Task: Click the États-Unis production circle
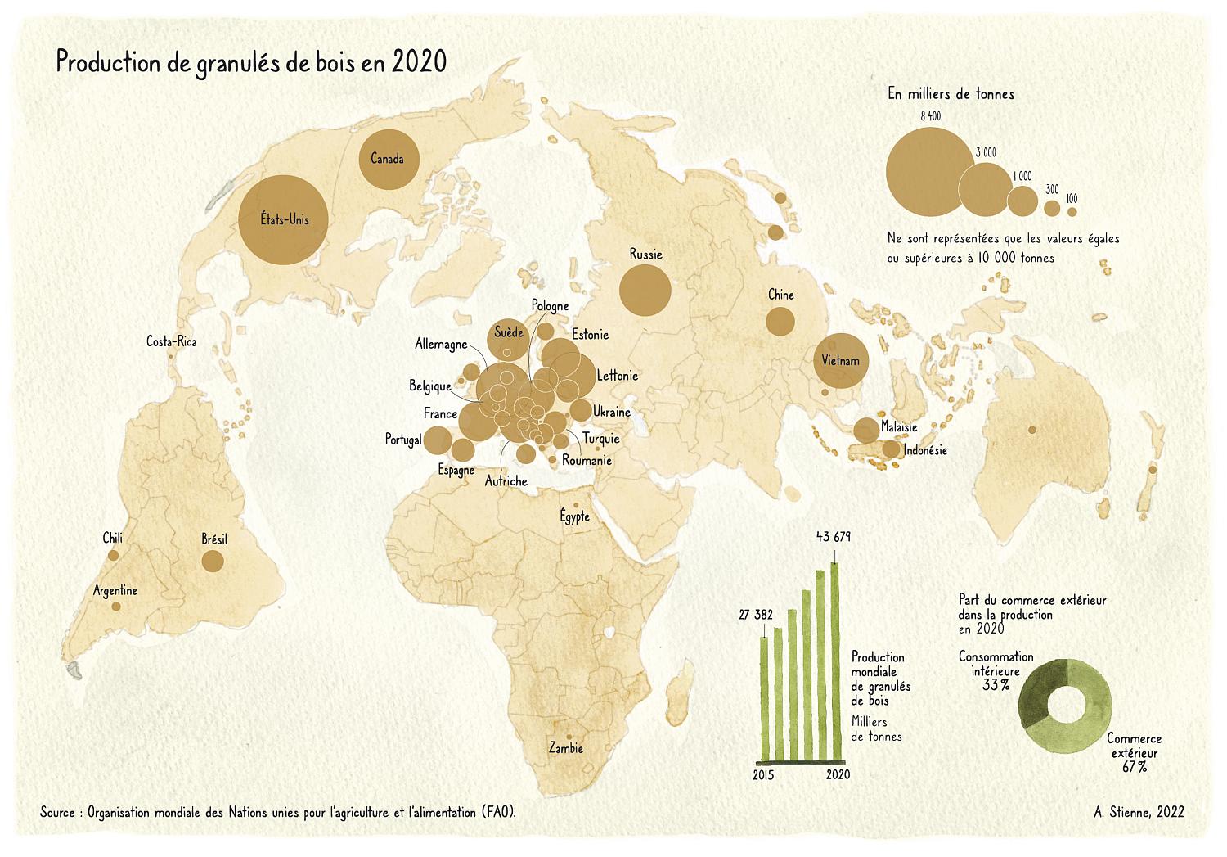284,219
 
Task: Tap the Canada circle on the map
389,159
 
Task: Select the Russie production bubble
645,290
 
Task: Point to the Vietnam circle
841,360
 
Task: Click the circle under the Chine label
780,321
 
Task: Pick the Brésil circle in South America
213,561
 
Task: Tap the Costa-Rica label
171,341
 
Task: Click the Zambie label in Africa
566,748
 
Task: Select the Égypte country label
574,516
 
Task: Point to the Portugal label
403,440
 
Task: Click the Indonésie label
925,450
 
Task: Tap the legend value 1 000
1022,176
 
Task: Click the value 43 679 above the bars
834,537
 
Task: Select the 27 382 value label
756,615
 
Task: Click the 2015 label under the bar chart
763,774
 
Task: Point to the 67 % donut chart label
1134,767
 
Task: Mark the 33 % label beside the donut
996,684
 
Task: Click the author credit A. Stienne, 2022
1139,812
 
